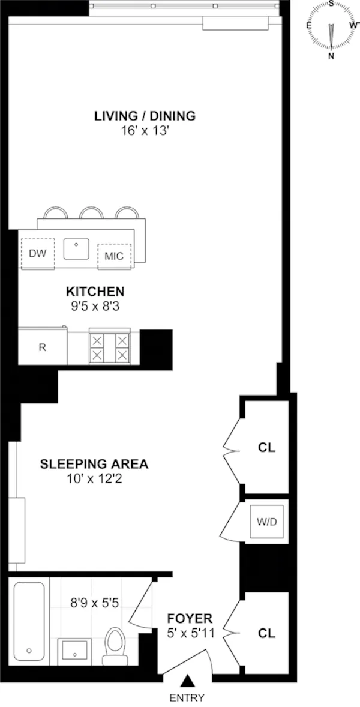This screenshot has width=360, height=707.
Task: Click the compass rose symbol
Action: coord(331,29)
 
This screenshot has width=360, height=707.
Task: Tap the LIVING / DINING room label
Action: coord(145,116)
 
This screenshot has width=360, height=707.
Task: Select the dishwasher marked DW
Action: coord(37,254)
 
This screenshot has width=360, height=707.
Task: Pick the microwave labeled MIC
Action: coord(113,256)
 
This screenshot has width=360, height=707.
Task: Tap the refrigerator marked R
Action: coord(42,347)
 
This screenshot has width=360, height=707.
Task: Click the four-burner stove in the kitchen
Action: coord(109,347)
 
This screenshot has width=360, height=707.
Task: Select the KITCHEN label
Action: coord(95,292)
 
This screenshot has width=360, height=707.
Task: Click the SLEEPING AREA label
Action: coord(94,464)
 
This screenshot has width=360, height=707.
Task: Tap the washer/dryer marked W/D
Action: coord(267,522)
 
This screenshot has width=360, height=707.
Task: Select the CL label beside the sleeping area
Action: coord(266,448)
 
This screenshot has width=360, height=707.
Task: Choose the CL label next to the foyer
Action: coord(266,633)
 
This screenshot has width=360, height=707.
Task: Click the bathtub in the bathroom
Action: coord(29,619)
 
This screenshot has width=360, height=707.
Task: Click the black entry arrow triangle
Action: coord(187,681)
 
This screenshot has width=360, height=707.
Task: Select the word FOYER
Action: coord(189,618)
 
